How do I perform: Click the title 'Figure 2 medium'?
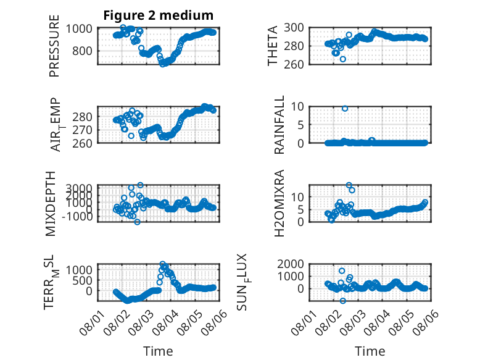[159, 15]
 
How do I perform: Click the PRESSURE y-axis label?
[54, 46]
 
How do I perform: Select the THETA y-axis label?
[272, 46]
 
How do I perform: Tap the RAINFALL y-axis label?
[279, 125]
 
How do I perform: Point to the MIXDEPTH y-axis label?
[51, 204]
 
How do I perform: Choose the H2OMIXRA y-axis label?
[279, 203]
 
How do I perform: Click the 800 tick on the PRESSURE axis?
[82, 51]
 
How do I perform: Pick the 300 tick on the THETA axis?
[294, 28]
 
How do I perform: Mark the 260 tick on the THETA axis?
[294, 64]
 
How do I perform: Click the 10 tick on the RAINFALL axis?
[297, 107]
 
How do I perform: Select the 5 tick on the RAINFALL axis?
[301, 125]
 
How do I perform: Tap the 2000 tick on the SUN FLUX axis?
[291, 264]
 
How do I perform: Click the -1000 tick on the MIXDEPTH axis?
[77, 217]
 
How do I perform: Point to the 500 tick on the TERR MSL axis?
[82, 280]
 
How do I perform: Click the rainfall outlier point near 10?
[345, 109]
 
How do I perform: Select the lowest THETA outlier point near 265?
[343, 59]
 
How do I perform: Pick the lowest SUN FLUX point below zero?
[343, 301]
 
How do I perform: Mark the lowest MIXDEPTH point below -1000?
[137, 222]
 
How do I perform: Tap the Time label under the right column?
[370, 351]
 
